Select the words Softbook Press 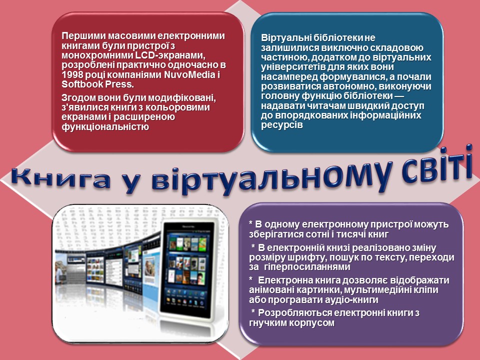97,84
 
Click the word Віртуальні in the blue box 286,38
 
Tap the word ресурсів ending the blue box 282,125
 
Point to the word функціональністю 105,126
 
